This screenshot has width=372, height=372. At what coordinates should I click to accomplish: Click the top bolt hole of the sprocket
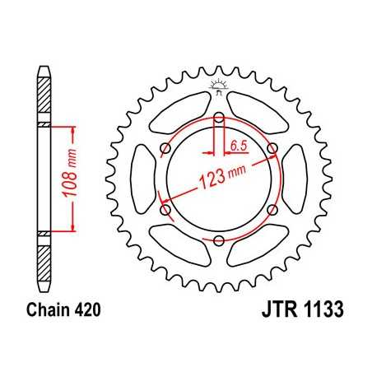click(x=220, y=118)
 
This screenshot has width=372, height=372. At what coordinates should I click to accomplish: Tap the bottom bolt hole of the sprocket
click(x=220, y=239)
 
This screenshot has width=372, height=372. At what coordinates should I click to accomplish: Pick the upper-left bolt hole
click(x=166, y=148)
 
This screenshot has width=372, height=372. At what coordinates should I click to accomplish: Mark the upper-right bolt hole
click(x=273, y=148)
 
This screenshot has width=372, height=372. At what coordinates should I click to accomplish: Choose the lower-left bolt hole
click(x=166, y=210)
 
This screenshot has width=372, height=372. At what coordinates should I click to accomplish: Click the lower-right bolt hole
click(x=273, y=210)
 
